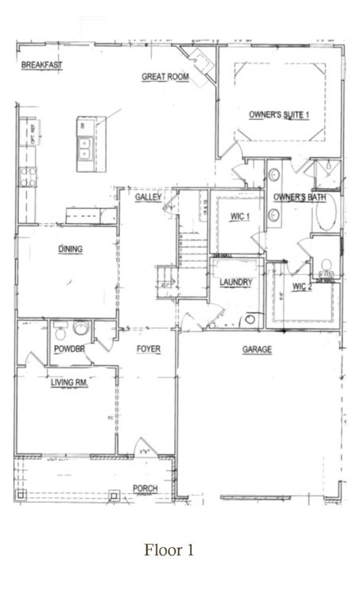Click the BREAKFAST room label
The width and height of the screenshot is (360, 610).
click(42, 65)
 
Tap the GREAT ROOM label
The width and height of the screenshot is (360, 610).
click(165, 77)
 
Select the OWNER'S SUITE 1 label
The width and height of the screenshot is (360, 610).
click(279, 114)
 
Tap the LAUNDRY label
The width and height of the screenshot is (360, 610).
click(236, 282)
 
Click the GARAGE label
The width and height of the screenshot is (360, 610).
click(257, 349)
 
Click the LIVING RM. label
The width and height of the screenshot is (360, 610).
click(70, 383)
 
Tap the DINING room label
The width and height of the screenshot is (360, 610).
click(71, 249)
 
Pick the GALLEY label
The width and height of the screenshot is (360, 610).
click(149, 196)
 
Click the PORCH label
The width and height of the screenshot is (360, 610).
click(145, 488)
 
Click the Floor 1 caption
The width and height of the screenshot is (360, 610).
click(168, 550)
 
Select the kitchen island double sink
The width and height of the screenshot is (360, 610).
click(83, 146)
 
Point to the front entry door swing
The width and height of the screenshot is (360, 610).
click(145, 446)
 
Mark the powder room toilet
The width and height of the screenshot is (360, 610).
click(79, 327)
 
